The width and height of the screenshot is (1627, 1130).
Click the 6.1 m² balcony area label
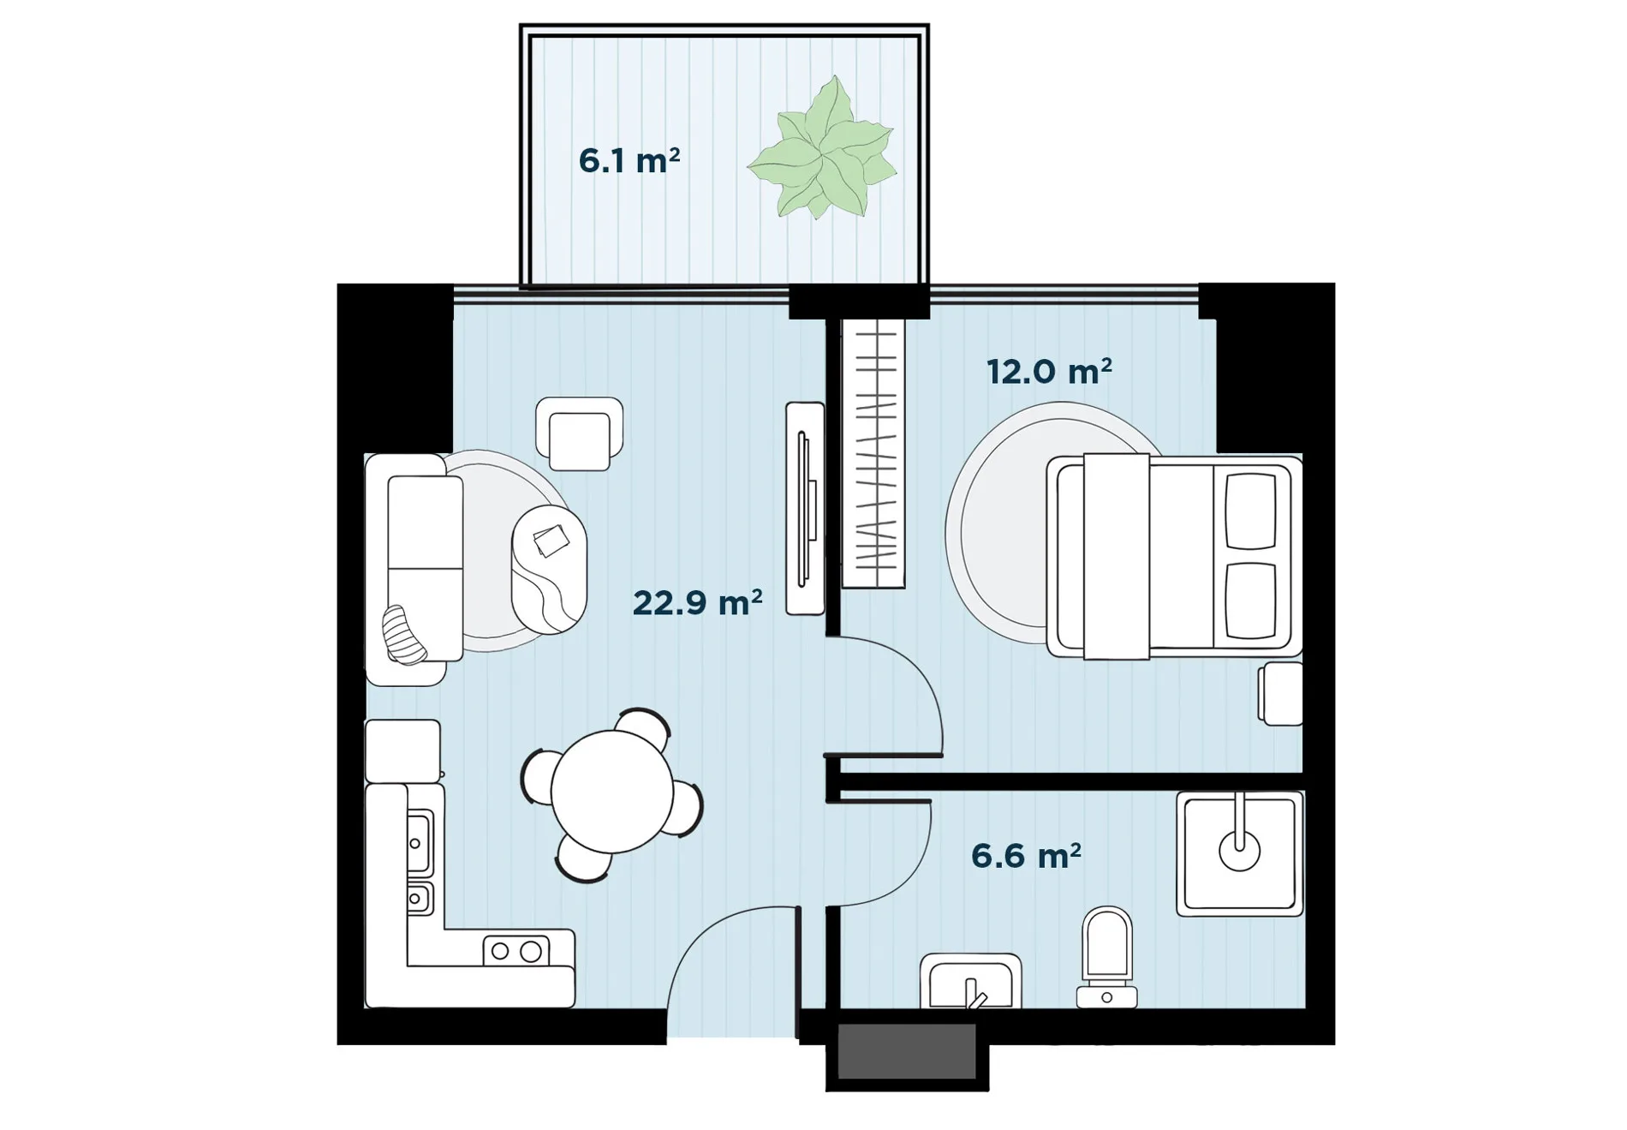coord(629,160)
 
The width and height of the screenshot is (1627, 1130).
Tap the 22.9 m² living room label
coord(697,602)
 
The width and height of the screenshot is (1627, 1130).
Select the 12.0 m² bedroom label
coord(1049,371)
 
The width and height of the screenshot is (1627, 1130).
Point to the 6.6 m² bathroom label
coord(1026,855)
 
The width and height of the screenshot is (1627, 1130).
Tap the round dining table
coord(612,792)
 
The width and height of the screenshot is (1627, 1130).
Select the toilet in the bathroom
coord(1107,958)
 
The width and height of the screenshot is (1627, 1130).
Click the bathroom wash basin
coord(970,981)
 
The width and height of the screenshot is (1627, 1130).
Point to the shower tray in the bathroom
coord(1240,853)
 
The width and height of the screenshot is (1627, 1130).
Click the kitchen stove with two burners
coord(516,950)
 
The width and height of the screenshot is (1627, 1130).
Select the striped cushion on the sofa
coord(404,634)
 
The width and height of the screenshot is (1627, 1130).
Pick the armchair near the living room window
coord(579,433)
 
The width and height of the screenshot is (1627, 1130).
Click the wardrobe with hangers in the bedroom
coord(873,453)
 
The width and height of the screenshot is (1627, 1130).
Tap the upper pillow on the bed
coord(1251,511)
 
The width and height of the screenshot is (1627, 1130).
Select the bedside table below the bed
coord(1280,693)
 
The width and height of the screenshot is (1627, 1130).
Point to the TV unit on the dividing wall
coord(805,508)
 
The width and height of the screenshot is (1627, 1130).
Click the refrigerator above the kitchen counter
coord(402,751)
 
